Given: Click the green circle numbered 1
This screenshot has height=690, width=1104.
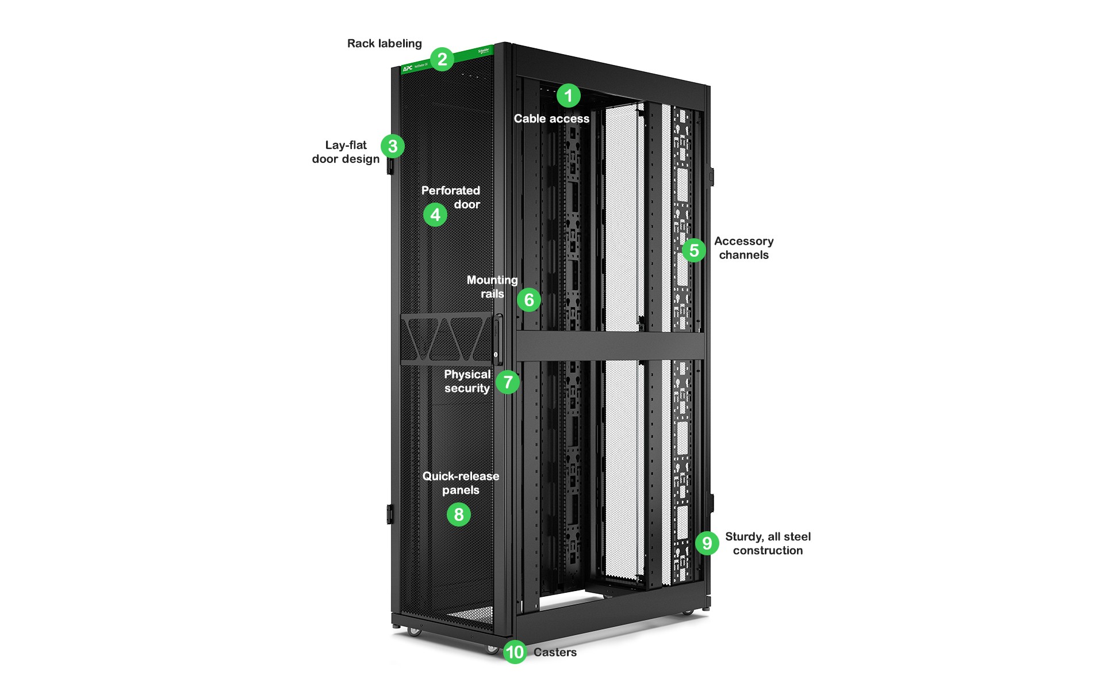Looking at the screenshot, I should [568, 96].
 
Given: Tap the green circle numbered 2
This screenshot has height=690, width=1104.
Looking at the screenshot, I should [442, 59].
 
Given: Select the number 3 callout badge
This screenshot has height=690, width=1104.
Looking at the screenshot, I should [393, 146].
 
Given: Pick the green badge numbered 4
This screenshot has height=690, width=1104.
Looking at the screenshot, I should [435, 215].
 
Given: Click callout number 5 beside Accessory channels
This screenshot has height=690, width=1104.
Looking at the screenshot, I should [694, 250].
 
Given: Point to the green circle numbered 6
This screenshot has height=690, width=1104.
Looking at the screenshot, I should [529, 300].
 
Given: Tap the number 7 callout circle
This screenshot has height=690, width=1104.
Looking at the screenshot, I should [508, 382].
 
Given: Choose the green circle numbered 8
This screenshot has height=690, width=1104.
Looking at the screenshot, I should [459, 514].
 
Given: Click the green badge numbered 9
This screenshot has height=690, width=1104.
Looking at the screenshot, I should [707, 543].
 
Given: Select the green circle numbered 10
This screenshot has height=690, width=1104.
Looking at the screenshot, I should [515, 652].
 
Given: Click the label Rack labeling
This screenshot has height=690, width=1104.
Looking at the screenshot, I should [384, 43].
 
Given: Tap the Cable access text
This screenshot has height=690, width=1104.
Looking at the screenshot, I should [551, 119].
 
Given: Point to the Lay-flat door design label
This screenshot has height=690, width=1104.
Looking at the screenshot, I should [346, 152].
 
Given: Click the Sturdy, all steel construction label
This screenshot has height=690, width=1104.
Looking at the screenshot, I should [768, 543].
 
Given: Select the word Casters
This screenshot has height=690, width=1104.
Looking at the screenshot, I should [555, 652].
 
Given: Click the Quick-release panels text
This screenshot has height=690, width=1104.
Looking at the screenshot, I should [461, 483].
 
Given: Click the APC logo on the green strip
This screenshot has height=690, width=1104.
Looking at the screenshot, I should [408, 68].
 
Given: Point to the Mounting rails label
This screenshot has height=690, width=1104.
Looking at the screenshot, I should [492, 287].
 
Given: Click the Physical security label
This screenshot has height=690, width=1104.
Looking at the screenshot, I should [467, 381].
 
